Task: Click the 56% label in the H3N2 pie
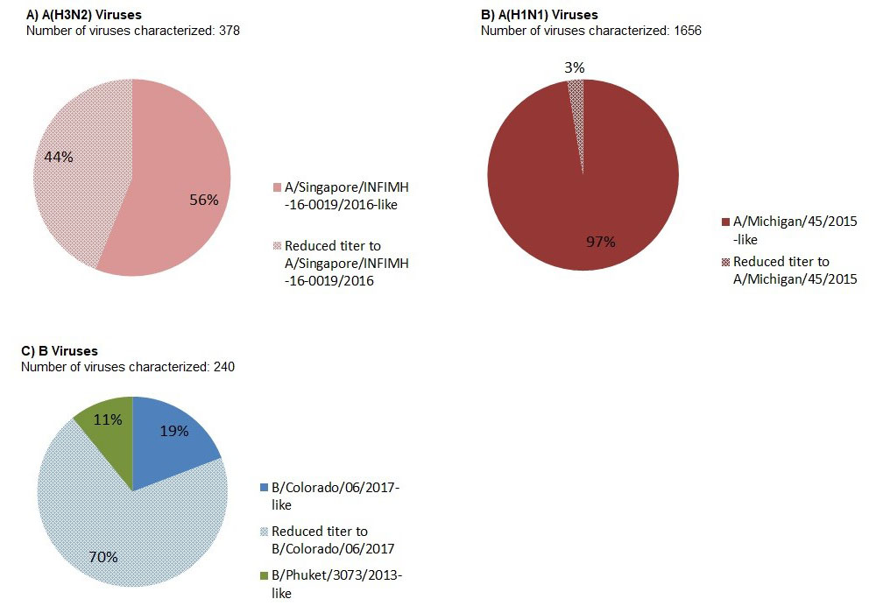coord(203,199)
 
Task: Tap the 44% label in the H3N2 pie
coord(59,157)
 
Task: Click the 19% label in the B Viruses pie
coord(174,431)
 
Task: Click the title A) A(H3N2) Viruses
coord(83,15)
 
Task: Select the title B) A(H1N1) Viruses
coord(540,15)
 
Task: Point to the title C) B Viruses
coord(60,351)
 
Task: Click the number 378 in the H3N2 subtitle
coord(229,31)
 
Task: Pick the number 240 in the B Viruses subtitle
coord(223,367)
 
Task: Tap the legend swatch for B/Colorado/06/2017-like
coord(265,488)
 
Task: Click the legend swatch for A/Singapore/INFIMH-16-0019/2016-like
coord(278,187)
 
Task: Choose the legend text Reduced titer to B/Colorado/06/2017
coord(332,539)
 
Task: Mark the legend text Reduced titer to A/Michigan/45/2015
coord(794,270)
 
